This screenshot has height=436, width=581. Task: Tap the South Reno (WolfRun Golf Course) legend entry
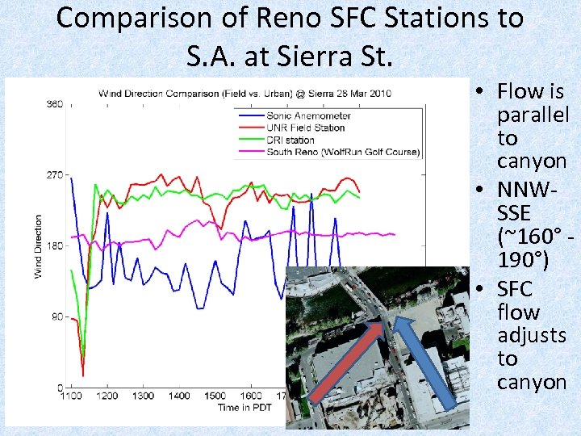coord(332,152)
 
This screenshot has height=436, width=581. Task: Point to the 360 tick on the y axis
coord(55,104)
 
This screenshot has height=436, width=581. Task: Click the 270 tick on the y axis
coord(55,175)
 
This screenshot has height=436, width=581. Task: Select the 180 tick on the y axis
coord(55,246)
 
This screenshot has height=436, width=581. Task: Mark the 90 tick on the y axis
coord(56,317)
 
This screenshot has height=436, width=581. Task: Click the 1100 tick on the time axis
coord(72,396)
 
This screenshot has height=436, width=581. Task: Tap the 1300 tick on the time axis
coord(143,396)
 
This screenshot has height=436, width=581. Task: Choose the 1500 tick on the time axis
coord(215,396)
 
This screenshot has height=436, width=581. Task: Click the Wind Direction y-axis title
coord(38,246)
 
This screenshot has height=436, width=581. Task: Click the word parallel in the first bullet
coord(533,115)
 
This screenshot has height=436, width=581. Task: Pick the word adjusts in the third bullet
coord(532,335)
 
